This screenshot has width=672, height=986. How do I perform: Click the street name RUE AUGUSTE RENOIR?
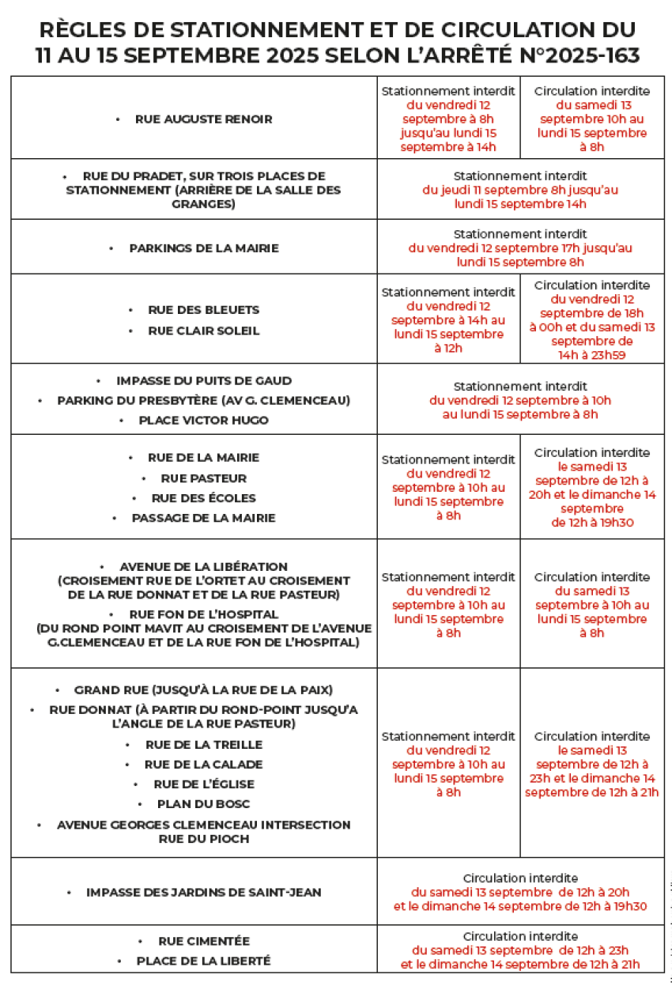pyautogui.click(x=204, y=119)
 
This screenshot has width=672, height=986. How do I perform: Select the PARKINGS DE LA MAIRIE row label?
pyautogui.click(x=204, y=248)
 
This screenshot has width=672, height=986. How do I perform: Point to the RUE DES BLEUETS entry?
pyautogui.click(x=204, y=310)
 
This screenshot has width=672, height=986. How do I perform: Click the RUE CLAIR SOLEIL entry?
pyautogui.click(x=204, y=331)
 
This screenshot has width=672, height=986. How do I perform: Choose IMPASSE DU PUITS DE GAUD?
pyautogui.click(x=204, y=380)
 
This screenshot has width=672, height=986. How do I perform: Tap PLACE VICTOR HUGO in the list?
pyautogui.click(x=204, y=420)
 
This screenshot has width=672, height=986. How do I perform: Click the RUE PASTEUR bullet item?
pyautogui.click(x=204, y=478)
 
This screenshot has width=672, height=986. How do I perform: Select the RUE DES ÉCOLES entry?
pyautogui.click(x=204, y=498)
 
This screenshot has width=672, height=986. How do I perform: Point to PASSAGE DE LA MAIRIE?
pyautogui.click(x=204, y=518)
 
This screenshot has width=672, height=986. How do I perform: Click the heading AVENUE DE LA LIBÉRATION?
pyautogui.click(x=204, y=567)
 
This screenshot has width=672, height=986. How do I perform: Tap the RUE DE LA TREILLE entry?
pyautogui.click(x=204, y=745)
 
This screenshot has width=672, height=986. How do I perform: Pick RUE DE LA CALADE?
pyautogui.click(x=204, y=765)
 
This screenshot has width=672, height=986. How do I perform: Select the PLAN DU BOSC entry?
pyautogui.click(x=204, y=804)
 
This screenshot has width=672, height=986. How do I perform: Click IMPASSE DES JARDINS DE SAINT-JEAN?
pyautogui.click(x=204, y=893)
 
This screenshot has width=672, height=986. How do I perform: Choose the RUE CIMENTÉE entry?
pyautogui.click(x=204, y=941)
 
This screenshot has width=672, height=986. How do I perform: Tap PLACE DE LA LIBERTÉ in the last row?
pyautogui.click(x=204, y=961)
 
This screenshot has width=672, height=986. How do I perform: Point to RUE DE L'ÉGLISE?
pyautogui.click(x=204, y=784)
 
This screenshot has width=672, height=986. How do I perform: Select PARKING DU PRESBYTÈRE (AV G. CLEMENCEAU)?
pyautogui.click(x=204, y=400)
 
